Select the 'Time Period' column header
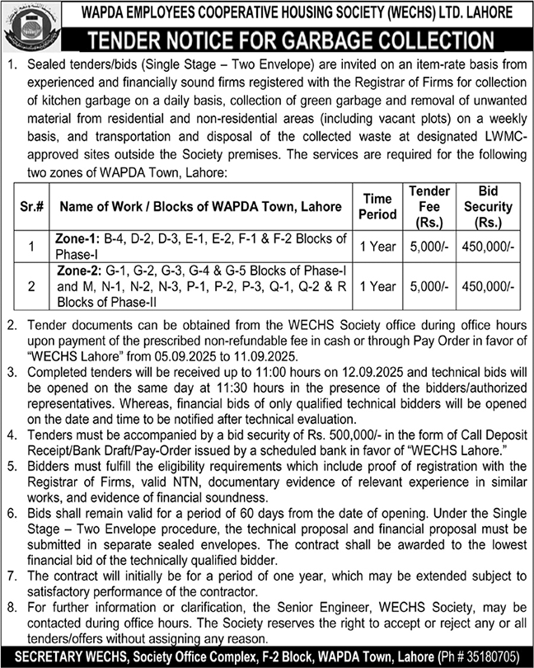click(377, 207)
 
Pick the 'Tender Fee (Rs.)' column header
click(429, 207)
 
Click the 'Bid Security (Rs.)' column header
click(488, 207)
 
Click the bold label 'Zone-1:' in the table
click(77, 238)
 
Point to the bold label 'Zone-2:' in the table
click(77, 271)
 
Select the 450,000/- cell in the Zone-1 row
click(488, 246)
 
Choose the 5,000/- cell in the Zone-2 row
click(429, 285)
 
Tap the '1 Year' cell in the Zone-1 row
click(377, 246)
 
